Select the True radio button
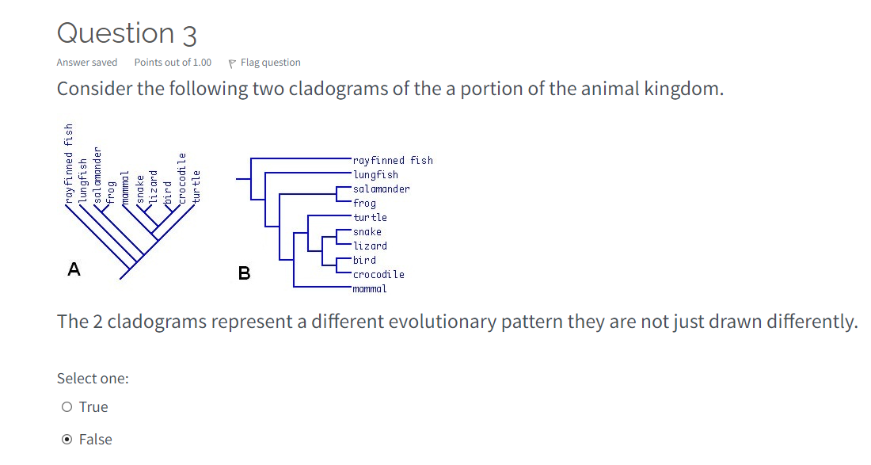(x=67, y=407)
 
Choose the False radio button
(x=67, y=440)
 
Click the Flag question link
(x=270, y=63)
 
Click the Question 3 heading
(x=127, y=33)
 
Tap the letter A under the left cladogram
(x=74, y=269)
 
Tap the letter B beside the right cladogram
(x=244, y=274)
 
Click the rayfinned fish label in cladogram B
(x=393, y=160)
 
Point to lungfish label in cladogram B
(x=375, y=174)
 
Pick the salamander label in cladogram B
(x=381, y=189)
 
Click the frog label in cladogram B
(x=364, y=203)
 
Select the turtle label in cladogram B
(x=370, y=217)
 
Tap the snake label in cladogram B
(x=367, y=231)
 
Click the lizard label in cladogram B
(x=370, y=246)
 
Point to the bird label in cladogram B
(x=364, y=260)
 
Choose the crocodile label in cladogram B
(x=378, y=274)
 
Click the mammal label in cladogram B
(x=370, y=288)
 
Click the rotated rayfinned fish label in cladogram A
(x=69, y=163)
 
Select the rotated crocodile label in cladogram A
(x=182, y=179)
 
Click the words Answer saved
(x=87, y=63)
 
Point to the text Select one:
(x=93, y=379)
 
